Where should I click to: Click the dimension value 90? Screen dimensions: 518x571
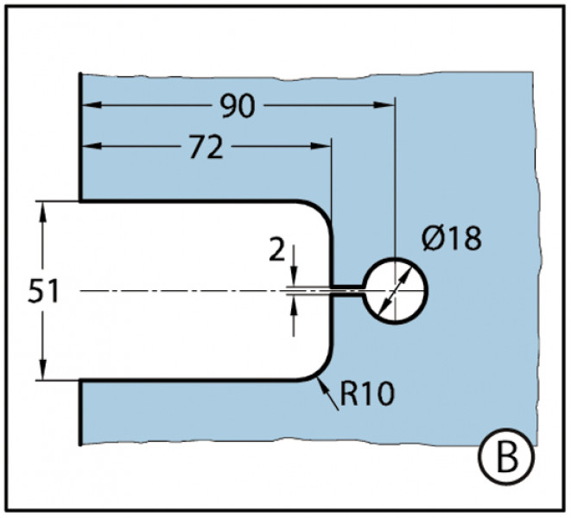(235, 105)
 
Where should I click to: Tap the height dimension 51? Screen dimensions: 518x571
(43, 291)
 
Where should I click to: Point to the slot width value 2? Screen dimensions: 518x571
(276, 250)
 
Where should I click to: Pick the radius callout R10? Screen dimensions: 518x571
(367, 394)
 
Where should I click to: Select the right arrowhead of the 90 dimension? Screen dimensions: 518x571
(387, 106)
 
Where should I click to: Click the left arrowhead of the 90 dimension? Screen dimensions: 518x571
(89, 106)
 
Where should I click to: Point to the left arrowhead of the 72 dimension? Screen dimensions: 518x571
(89, 148)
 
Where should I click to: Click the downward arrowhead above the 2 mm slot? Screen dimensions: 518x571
(295, 278)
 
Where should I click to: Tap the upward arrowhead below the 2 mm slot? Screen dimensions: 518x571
(295, 302)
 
